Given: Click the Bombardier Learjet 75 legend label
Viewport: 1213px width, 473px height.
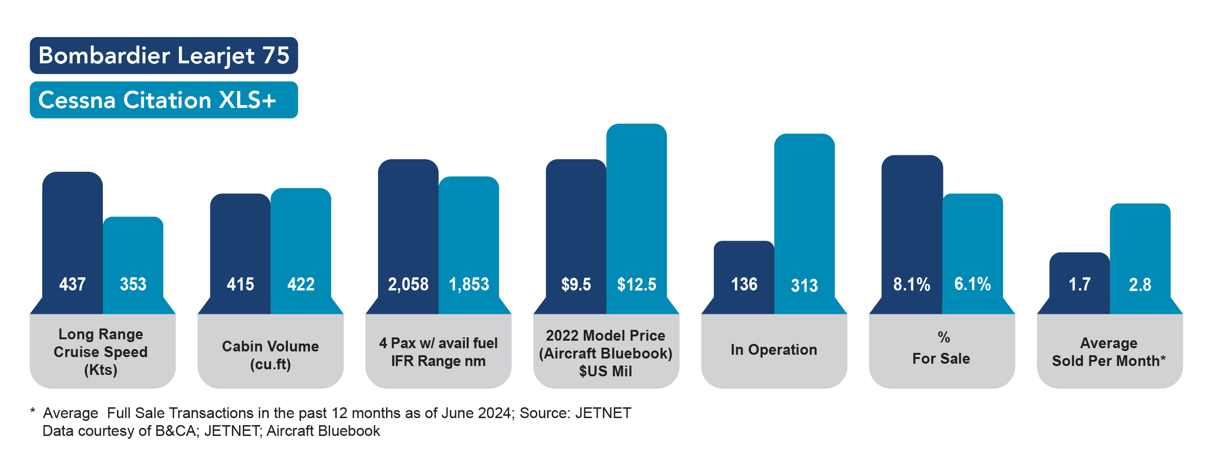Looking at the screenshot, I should (x=163, y=55).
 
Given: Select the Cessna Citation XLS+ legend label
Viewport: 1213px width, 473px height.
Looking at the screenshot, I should (x=157, y=100).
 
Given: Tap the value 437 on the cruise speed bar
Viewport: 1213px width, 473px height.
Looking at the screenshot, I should (x=72, y=284).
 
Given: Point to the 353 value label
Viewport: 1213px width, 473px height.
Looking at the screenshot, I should (x=133, y=284).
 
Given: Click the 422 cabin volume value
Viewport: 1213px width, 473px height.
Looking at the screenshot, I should (x=301, y=284).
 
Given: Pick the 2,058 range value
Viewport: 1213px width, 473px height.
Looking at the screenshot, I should (x=408, y=284).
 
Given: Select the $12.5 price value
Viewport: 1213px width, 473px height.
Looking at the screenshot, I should (x=636, y=284).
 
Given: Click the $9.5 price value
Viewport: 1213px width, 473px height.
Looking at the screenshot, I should (x=576, y=284).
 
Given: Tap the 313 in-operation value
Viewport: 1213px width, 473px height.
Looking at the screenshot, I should (x=804, y=285).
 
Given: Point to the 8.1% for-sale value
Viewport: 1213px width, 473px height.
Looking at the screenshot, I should (x=912, y=284).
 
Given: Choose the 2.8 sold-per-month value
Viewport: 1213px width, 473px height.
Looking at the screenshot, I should (x=1140, y=285).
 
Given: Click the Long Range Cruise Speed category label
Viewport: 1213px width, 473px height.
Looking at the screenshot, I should (x=101, y=351).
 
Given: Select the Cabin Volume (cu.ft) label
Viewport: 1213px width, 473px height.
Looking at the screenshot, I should (x=270, y=355).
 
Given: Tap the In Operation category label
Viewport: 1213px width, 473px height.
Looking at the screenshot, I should (x=773, y=350).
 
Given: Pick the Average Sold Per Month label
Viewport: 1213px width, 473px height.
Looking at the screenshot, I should (x=1109, y=351).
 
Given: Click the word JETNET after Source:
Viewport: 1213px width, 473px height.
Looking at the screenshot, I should (x=603, y=413).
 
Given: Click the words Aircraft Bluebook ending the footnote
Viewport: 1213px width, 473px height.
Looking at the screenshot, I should (x=323, y=431).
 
